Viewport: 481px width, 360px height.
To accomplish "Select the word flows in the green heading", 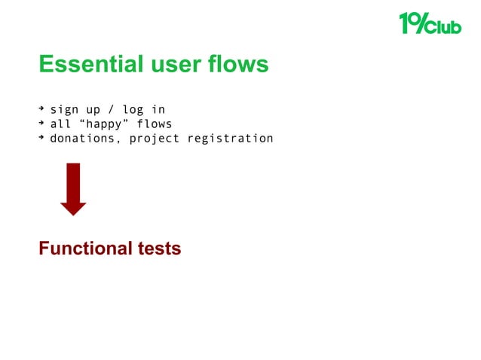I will pos(239,65).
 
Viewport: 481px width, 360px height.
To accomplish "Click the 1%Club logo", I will pos(429,24).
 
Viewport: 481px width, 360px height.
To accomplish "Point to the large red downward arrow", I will pos(73,189).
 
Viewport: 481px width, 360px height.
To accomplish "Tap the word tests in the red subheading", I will pos(158,248).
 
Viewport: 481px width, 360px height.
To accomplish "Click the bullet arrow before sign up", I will pos(42,110).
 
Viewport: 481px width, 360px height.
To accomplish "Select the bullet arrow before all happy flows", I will pos(42,124).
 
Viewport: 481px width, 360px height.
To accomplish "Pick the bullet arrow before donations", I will pos(42,139).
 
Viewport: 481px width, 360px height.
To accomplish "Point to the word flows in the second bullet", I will pos(155,124).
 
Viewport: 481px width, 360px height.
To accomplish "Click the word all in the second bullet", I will pos(60,124).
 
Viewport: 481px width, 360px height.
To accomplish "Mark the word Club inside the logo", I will pos(446,27).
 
